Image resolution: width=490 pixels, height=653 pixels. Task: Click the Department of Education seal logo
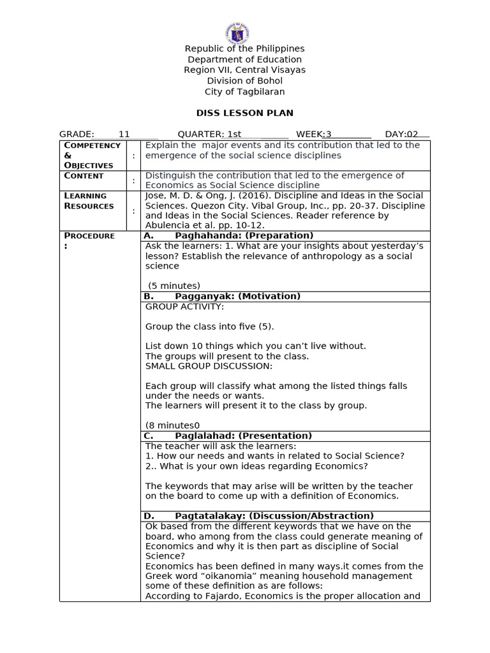[x=237, y=33]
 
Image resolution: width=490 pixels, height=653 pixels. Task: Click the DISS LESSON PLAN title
[x=244, y=113]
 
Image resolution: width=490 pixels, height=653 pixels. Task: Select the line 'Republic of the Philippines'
[x=244, y=48]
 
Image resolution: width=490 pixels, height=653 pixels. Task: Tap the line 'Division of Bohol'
[x=244, y=81]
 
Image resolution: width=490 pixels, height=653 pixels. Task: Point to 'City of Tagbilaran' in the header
[x=244, y=92]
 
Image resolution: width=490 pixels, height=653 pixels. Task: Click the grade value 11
[x=124, y=134]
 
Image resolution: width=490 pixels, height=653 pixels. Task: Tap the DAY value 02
[x=413, y=134]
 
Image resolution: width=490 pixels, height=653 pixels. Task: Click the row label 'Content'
[x=84, y=176]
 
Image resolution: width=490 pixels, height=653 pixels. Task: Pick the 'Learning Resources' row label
[x=89, y=201]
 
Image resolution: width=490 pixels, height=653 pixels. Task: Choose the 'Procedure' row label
[x=89, y=240]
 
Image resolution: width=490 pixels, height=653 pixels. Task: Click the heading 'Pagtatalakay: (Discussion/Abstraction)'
[x=274, y=516]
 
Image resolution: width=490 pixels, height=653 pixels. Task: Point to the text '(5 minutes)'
[x=174, y=286]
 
